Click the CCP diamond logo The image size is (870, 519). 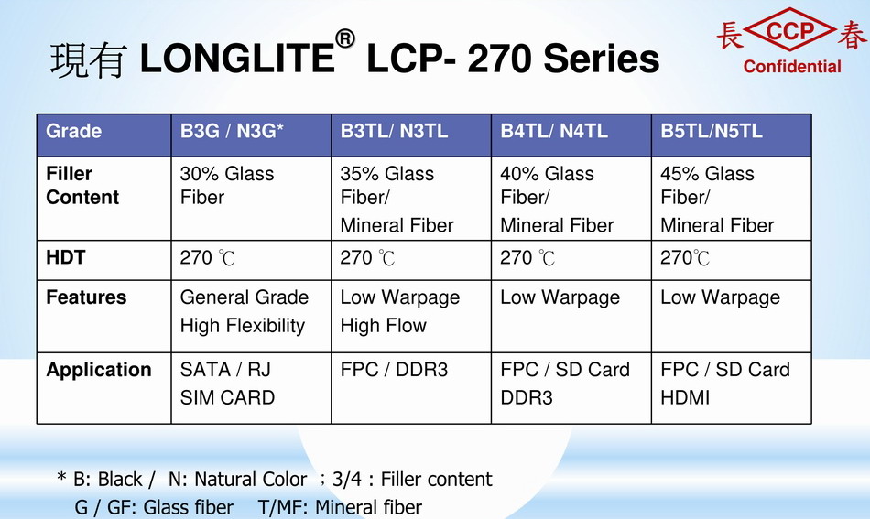[789, 30]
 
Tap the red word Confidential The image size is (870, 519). [792, 67]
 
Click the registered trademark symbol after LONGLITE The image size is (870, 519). [344, 38]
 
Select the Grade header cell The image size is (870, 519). [103, 135]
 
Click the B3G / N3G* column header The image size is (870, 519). [251, 135]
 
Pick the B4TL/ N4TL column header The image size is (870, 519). [571, 135]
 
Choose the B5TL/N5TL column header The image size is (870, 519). [732, 135]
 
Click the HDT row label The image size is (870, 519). [66, 257]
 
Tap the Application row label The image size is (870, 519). [99, 370]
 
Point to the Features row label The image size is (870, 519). [86, 297]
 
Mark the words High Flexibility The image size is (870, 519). [243, 326]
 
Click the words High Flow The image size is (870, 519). [384, 326]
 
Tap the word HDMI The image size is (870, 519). [685, 397]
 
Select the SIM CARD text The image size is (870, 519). [227, 397]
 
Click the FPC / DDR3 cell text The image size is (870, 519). [394, 370]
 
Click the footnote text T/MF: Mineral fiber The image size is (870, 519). [340, 507]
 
